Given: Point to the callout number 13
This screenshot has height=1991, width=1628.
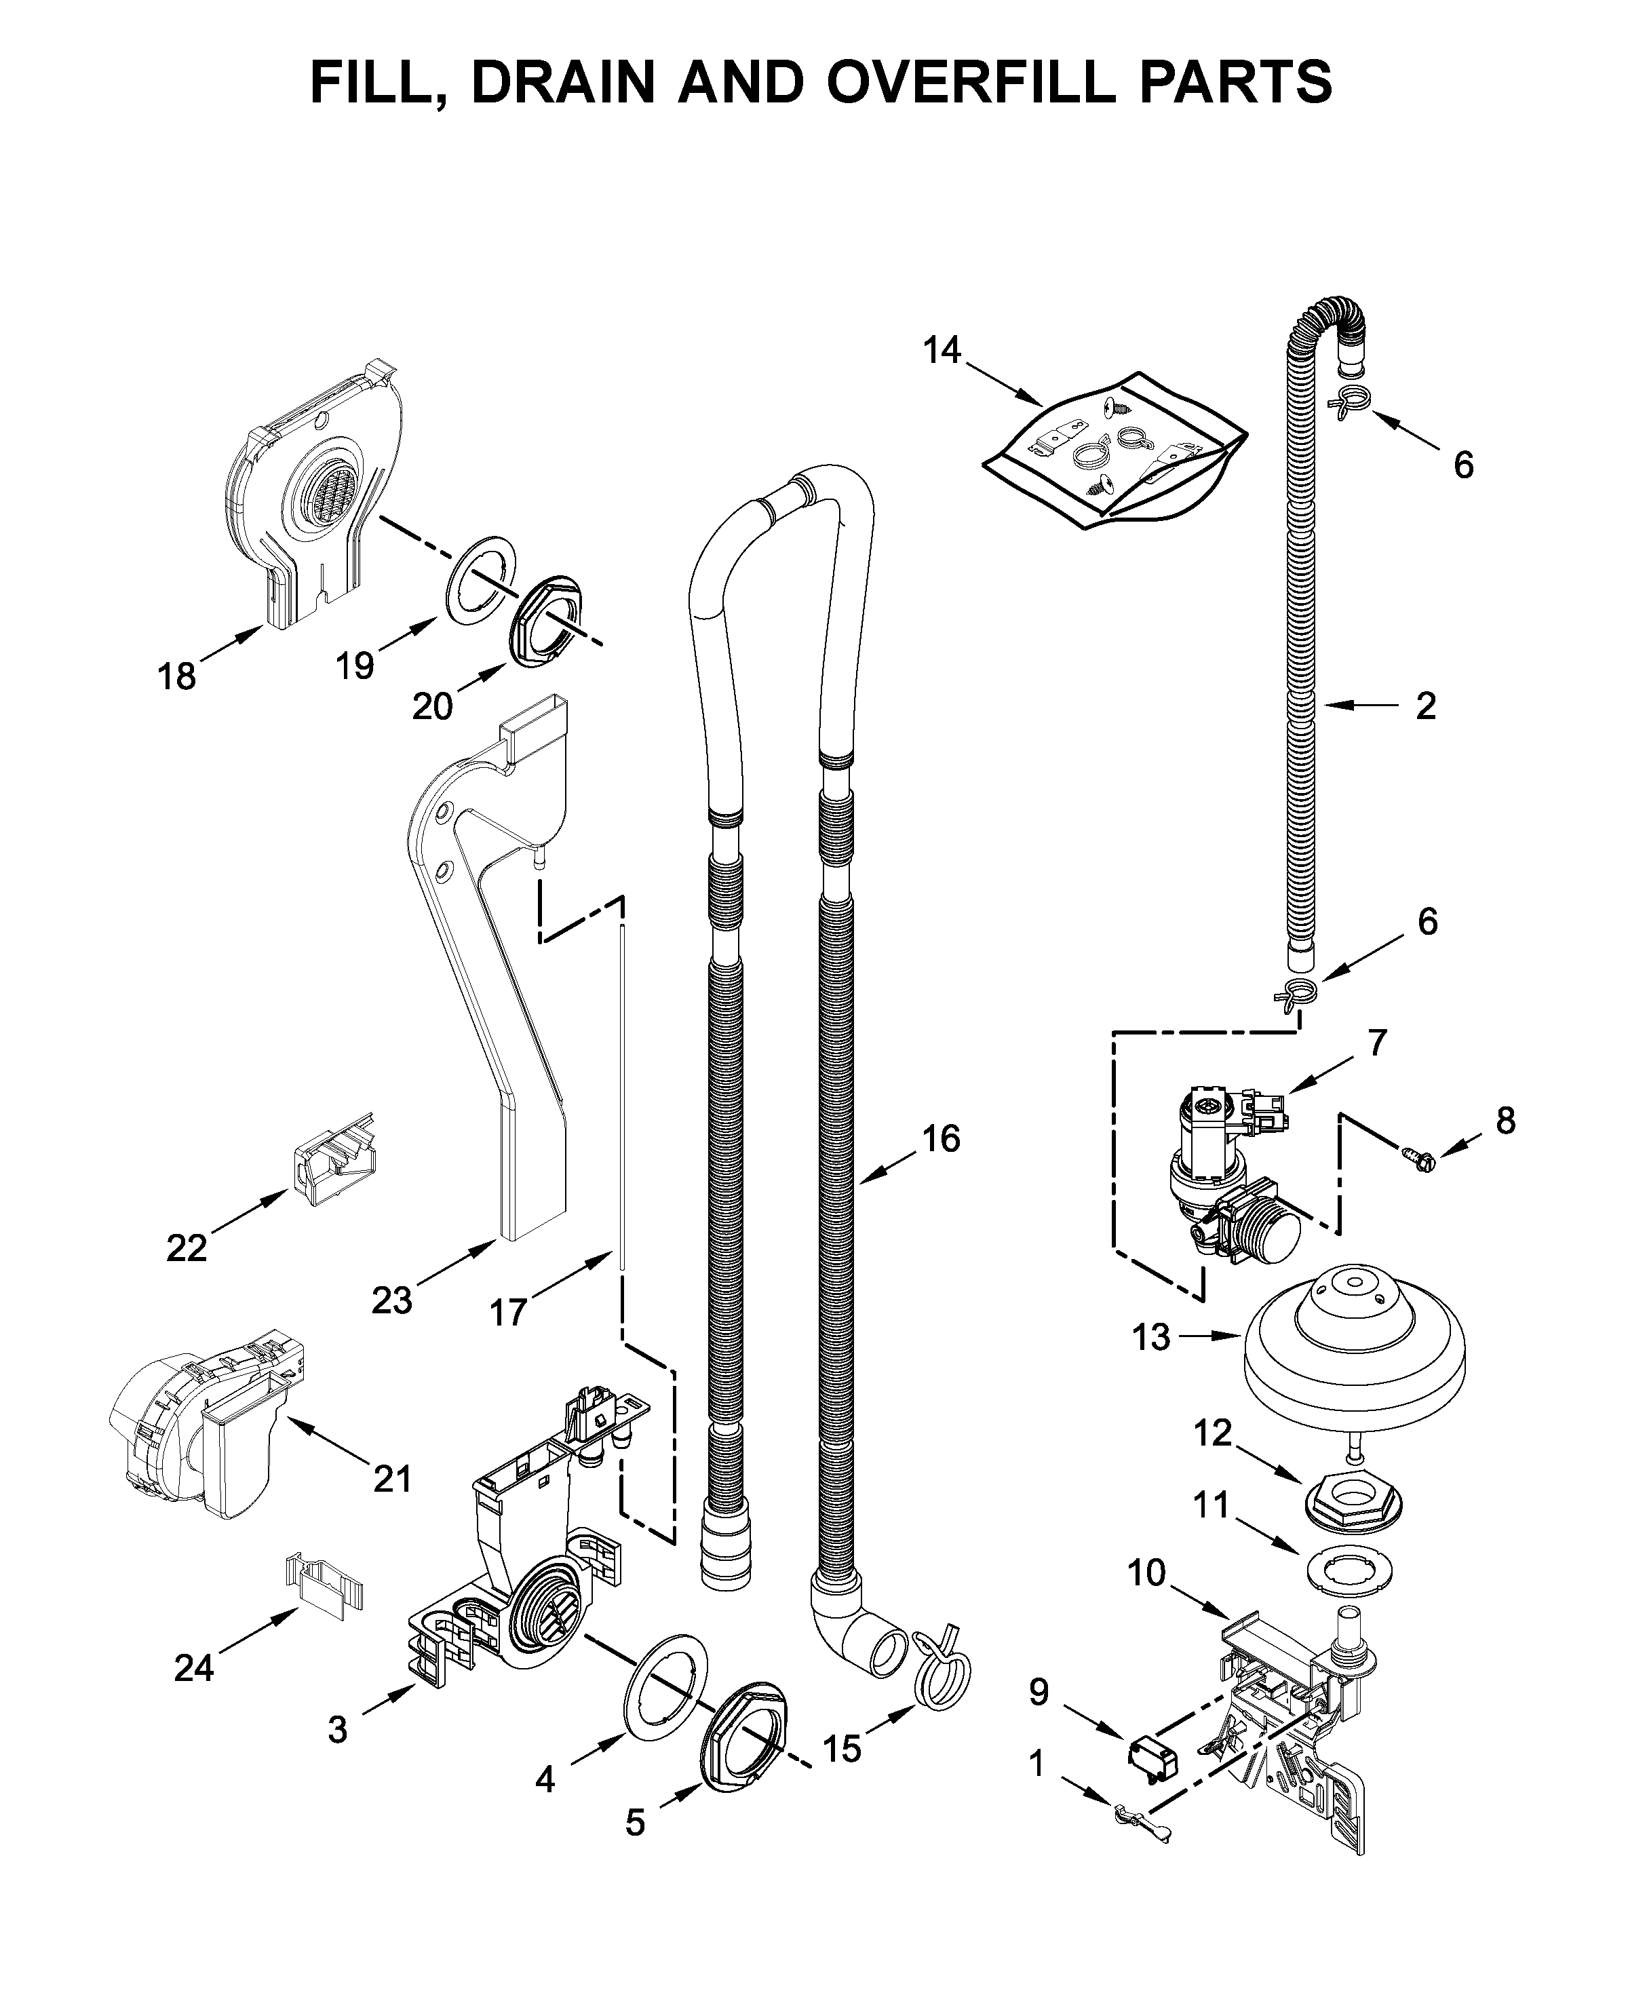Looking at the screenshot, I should coord(1150,1337).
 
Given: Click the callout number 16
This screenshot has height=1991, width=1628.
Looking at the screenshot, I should coord(941,1138).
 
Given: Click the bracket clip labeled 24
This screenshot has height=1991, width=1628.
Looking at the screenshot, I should coord(324,1583).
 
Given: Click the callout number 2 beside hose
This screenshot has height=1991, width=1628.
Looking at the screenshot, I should coord(1425,705).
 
